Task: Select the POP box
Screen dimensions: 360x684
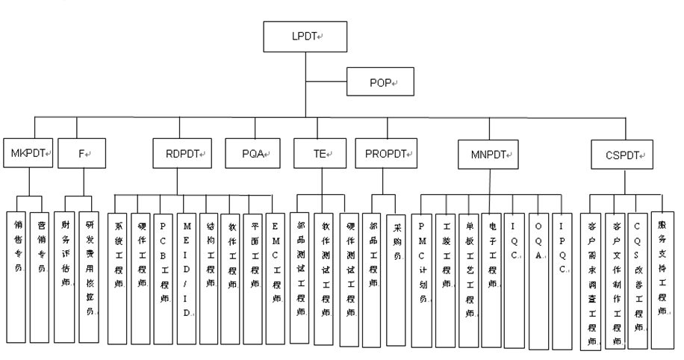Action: coord(379,80)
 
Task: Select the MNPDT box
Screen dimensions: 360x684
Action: coord(488,155)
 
